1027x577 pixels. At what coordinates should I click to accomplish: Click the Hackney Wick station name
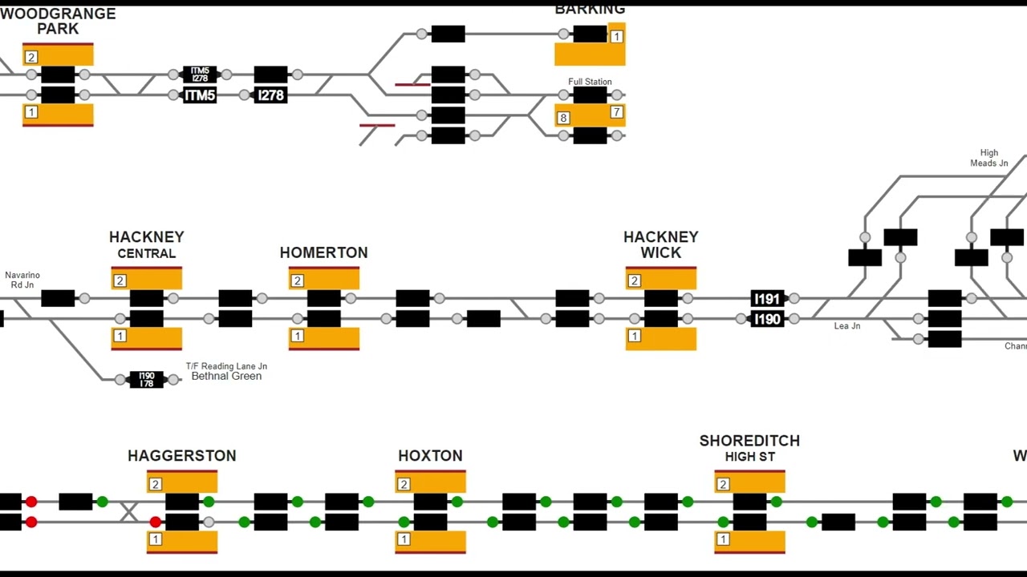tap(660, 244)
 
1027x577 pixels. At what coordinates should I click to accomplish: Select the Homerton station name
tap(323, 252)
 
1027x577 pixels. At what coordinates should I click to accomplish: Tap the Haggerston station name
tap(182, 456)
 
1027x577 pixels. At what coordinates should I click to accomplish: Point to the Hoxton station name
tap(430, 456)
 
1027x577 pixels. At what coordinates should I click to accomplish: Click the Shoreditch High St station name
tap(749, 448)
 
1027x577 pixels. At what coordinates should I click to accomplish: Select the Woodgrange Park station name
tap(58, 21)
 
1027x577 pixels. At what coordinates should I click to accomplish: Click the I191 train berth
tap(767, 299)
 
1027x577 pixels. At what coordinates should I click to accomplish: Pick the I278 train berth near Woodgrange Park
tap(270, 95)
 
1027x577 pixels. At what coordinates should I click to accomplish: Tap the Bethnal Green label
tap(226, 376)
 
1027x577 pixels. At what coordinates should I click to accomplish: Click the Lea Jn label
tap(847, 326)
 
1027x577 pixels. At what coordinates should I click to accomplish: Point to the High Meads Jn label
tap(989, 158)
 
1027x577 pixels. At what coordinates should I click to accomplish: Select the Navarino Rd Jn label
tap(22, 280)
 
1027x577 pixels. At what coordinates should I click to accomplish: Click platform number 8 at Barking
tap(563, 118)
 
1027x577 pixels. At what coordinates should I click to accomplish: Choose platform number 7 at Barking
tap(616, 112)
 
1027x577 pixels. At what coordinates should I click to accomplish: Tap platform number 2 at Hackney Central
tap(120, 280)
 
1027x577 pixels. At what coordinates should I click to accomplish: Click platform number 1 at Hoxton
tap(404, 539)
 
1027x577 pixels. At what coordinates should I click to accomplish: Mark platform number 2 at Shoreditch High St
tap(723, 484)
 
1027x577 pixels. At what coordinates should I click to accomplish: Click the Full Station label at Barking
tap(590, 82)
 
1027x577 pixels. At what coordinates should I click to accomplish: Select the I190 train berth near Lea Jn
tap(767, 319)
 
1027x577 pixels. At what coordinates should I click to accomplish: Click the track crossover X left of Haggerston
tap(129, 511)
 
